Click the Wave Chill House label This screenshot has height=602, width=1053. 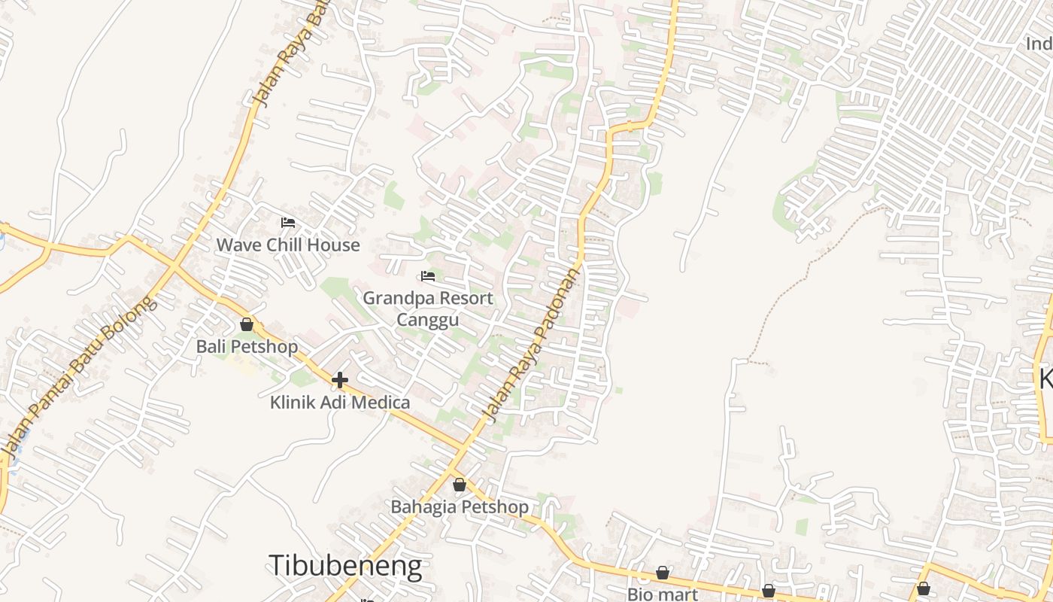coord(288,245)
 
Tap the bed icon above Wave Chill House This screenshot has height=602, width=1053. coord(287,223)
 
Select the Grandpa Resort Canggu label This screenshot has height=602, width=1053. coord(428,309)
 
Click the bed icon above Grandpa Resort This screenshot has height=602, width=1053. coord(428,276)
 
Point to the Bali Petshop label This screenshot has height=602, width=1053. coord(247,347)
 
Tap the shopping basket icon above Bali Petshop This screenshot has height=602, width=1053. coord(247,325)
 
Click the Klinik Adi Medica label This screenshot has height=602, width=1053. coord(340,403)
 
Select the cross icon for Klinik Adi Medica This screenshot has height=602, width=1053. coord(340,380)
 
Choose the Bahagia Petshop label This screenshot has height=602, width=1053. coord(459,507)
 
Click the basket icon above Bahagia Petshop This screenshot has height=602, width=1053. coord(459,485)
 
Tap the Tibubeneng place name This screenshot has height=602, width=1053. coord(345,566)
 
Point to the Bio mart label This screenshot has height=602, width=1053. coord(662,594)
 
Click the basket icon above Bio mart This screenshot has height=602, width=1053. coord(662,573)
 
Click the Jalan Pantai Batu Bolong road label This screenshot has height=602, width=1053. coord(80,375)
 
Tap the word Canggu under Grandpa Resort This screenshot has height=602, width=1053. coord(427,321)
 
